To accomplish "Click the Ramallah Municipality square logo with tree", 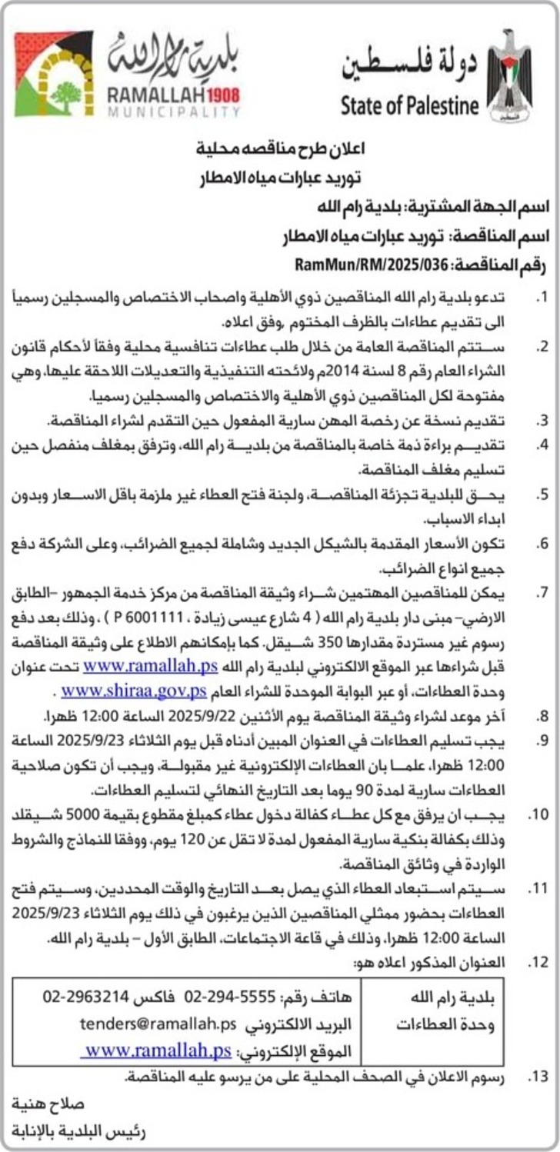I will coord(54,74).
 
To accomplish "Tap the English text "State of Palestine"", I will coord(410,105).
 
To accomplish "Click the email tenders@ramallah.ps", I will coord(157,1024).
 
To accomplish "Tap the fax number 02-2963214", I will coord(77,997).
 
